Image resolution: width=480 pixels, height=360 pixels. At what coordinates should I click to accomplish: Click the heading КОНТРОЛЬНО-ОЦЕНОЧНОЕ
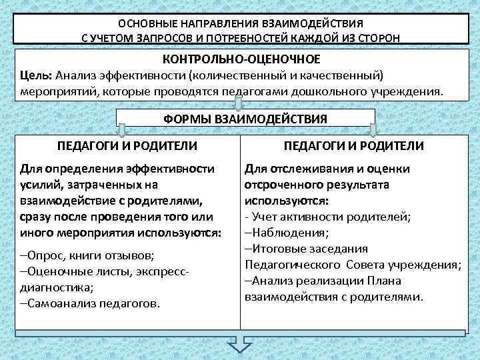(241, 59)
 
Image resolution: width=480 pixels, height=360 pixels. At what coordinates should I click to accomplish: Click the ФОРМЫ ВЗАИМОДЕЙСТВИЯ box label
(245, 119)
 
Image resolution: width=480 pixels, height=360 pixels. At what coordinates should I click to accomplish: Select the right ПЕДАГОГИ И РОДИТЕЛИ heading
(353, 145)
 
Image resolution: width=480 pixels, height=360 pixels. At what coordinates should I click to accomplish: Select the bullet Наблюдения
(288, 233)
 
